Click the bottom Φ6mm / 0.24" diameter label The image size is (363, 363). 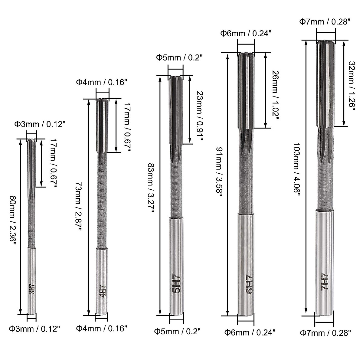pyautogui.click(x=250, y=333)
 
